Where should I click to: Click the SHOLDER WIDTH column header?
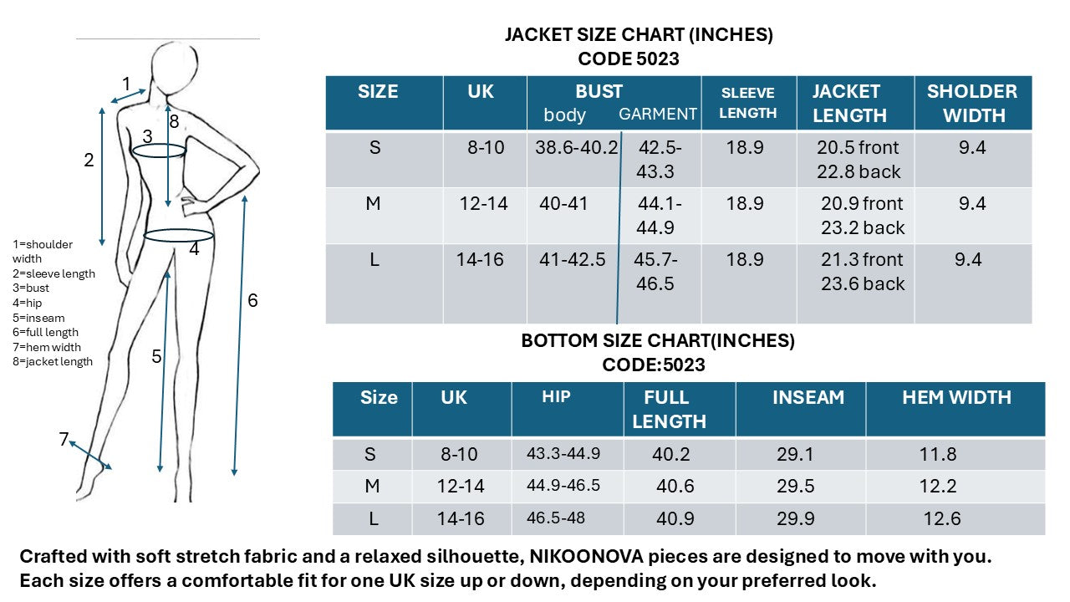pos(972,103)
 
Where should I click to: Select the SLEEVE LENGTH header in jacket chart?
pos(748,103)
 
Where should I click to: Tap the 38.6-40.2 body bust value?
pos(577,148)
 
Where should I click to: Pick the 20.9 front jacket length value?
pos(862,204)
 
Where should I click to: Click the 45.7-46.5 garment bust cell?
pos(655,272)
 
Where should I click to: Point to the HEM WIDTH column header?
pos(956,398)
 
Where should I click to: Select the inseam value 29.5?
pos(797,487)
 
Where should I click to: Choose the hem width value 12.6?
pos(942,518)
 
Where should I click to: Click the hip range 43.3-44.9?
pos(563,454)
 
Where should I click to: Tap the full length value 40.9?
pos(675,518)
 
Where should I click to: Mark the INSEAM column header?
pos(808,398)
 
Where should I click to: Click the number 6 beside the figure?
pos(252,300)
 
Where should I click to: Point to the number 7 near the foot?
pos(64,439)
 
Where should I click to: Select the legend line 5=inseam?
pos(38,318)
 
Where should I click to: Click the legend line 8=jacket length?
pos(53,362)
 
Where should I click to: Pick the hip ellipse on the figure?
pos(179,236)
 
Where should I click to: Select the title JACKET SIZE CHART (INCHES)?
pos(639,35)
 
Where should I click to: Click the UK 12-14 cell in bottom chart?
pos(461,487)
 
